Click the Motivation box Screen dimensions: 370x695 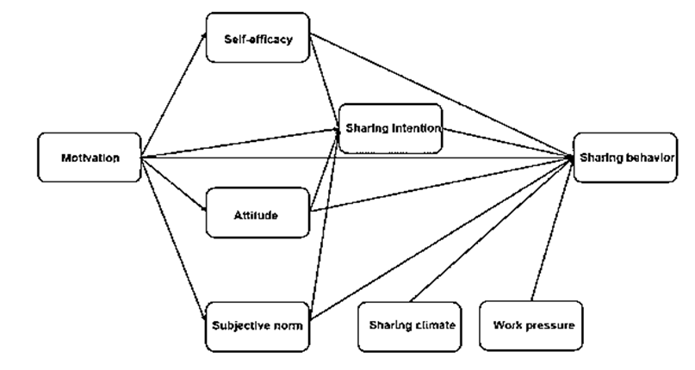point(90,157)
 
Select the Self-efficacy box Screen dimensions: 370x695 point(258,38)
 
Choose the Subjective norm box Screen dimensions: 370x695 point(258,326)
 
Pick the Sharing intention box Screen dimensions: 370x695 point(390,129)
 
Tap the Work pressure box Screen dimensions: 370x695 point(533,325)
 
